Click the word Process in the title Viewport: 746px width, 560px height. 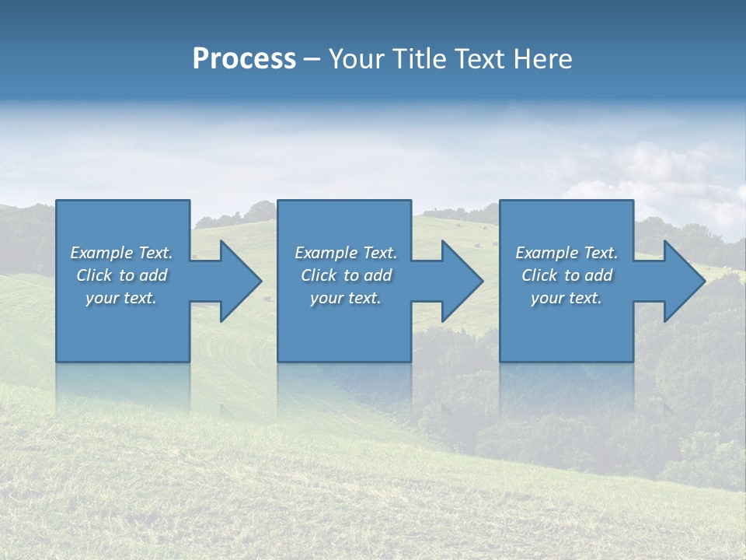(244, 59)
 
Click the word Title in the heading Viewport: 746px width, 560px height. (418, 59)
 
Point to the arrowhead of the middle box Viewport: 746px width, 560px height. (461, 281)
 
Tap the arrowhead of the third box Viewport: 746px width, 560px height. (683, 281)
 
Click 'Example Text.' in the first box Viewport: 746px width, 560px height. (121, 253)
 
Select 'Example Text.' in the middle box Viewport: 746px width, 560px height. (346, 253)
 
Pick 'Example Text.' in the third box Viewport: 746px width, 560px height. (566, 253)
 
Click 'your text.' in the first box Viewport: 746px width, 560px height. (121, 298)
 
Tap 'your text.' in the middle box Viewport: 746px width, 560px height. (346, 298)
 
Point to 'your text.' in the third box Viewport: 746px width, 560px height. (566, 298)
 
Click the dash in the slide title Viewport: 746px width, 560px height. (312, 60)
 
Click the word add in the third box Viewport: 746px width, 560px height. (598, 275)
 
